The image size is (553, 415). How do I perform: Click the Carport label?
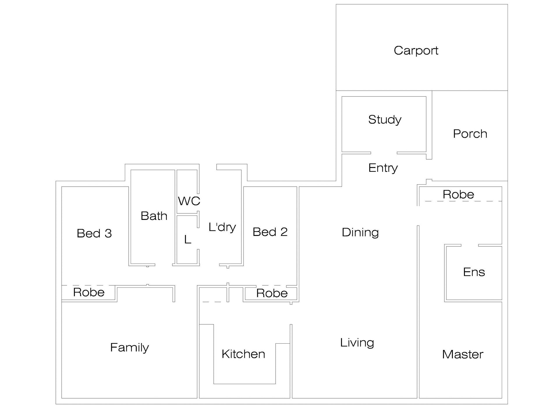coord(416,51)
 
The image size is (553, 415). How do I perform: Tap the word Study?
coord(385,120)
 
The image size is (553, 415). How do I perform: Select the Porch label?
coord(470,134)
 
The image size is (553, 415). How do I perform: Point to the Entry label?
coord(383,168)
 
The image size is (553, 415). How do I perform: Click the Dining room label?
coord(360,232)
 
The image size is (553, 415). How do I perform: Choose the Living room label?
coord(357,343)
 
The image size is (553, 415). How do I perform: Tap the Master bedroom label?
coord(462,354)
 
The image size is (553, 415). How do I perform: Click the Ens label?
coord(474,272)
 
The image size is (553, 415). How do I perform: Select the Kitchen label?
coord(243,354)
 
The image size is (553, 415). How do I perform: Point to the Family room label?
coord(130,347)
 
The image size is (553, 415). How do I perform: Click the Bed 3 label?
coord(94,234)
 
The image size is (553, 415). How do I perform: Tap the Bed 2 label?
coord(270,232)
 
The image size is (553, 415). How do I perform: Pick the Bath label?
coord(154,216)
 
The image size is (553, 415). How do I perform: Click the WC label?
coord(189,201)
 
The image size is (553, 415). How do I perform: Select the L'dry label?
coord(222,227)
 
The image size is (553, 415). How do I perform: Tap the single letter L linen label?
coord(188,240)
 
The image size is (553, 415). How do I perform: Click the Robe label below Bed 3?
coord(89,292)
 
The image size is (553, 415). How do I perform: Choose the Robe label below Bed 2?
coord(272,293)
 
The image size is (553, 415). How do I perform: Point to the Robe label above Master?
coord(458,195)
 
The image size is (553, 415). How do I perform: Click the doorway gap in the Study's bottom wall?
coord(384,153)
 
